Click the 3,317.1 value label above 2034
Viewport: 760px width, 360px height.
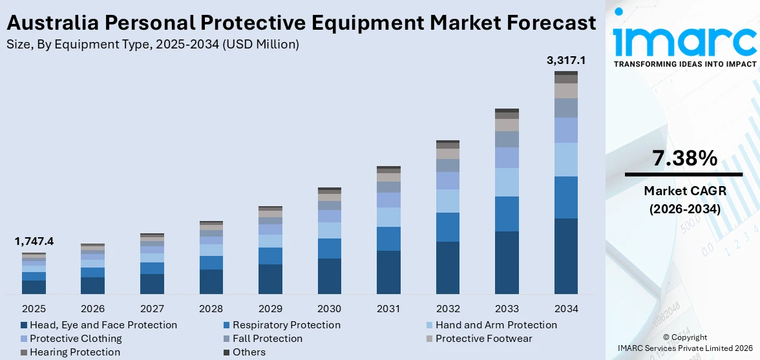pyautogui.click(x=566, y=61)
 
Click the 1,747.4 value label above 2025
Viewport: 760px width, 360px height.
pyautogui.click(x=34, y=242)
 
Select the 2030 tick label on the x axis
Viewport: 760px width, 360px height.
pyautogui.click(x=330, y=308)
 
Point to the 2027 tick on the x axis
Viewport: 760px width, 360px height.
pyautogui.click(x=152, y=308)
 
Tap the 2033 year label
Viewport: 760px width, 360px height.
pyautogui.click(x=507, y=308)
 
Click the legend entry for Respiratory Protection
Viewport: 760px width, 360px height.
pyautogui.click(x=286, y=325)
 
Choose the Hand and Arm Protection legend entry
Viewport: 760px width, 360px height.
pyautogui.click(x=496, y=325)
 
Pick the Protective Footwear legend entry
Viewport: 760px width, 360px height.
pyautogui.click(x=483, y=339)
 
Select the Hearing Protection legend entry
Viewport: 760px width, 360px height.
pyautogui.click(x=74, y=352)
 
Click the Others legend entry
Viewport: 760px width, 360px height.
pyautogui.click(x=249, y=352)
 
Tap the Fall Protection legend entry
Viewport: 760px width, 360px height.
pyautogui.click(x=268, y=339)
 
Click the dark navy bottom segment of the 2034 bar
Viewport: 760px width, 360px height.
pyautogui.click(x=566, y=256)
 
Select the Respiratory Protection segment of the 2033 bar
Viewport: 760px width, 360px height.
pyautogui.click(x=507, y=214)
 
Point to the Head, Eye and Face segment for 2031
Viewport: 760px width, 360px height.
pyautogui.click(x=388, y=272)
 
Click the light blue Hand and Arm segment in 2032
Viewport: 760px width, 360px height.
pyautogui.click(x=448, y=201)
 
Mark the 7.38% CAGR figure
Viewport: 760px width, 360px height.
pyautogui.click(x=684, y=158)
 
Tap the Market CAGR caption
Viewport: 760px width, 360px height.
pyautogui.click(x=684, y=191)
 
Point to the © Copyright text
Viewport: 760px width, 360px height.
pyautogui.click(x=684, y=337)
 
